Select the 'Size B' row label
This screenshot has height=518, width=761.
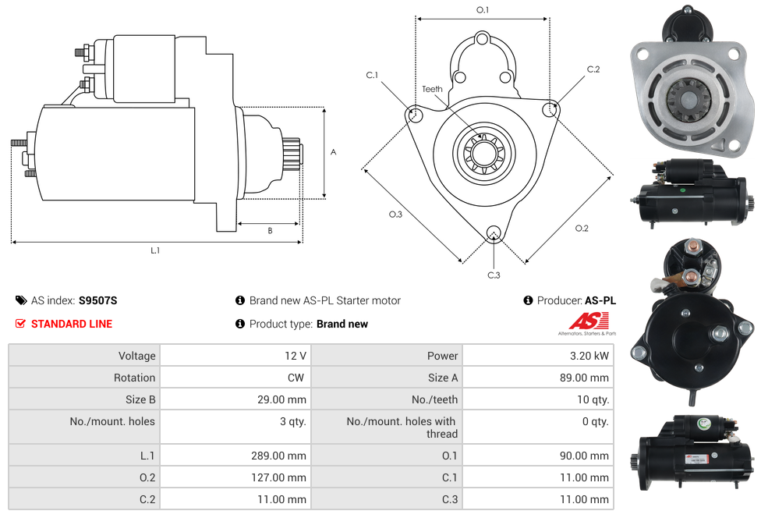pyautogui.click(x=136, y=399)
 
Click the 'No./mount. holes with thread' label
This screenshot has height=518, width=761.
pyautogui.click(x=402, y=428)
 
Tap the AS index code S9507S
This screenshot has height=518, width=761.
pyautogui.click(x=97, y=300)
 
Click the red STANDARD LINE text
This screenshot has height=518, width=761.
pyautogui.click(x=71, y=324)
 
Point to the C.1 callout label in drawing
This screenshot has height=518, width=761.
pyautogui.click(x=372, y=76)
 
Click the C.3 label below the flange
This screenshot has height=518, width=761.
pyautogui.click(x=494, y=275)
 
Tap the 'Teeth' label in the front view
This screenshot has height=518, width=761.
pyautogui.click(x=432, y=89)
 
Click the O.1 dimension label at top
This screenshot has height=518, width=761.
pyautogui.click(x=483, y=10)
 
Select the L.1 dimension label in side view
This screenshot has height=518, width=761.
pyautogui.click(x=155, y=250)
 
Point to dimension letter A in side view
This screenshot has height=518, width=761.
pyautogui.click(x=333, y=152)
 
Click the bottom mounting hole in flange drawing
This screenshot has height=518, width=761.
pyautogui.click(x=493, y=233)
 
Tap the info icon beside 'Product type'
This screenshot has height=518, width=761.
pyautogui.click(x=240, y=324)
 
